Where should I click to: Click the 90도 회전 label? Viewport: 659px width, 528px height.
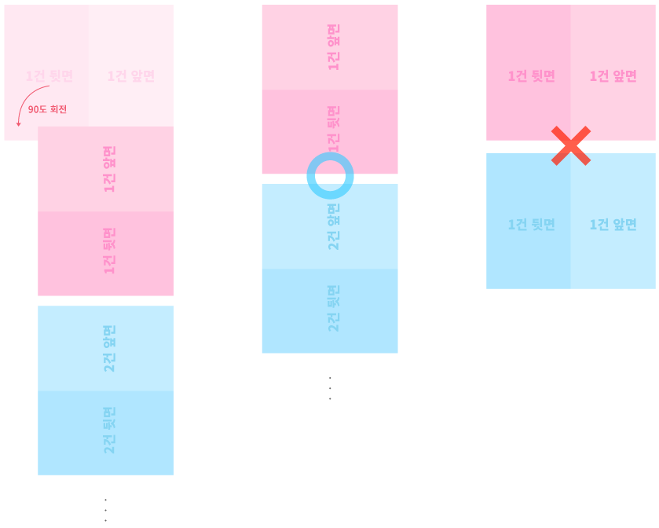click(47, 109)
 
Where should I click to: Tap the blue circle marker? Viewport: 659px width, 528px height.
click(330, 175)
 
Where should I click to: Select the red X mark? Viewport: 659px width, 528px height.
click(571, 145)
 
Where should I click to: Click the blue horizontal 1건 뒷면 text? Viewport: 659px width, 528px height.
click(532, 224)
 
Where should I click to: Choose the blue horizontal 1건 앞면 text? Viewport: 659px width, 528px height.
click(613, 224)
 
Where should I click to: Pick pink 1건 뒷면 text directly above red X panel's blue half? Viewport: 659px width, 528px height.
click(532, 76)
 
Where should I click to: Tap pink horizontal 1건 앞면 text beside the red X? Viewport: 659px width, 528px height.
click(613, 76)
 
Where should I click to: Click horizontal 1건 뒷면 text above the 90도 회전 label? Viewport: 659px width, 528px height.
click(49, 76)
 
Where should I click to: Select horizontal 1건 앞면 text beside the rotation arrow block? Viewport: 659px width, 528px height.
click(131, 76)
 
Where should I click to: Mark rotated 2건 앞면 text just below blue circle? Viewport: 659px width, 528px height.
click(334, 226)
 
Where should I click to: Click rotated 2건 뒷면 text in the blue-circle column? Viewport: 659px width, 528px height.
click(334, 308)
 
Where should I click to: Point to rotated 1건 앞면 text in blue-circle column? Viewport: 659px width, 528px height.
click(334, 47)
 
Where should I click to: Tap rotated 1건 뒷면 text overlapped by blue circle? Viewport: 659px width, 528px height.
click(334, 128)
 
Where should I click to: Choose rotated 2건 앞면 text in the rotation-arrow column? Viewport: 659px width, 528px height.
click(109, 348)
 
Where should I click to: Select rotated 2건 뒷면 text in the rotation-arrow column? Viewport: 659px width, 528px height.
click(109, 430)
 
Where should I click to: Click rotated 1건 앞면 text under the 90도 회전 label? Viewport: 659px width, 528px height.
click(109, 169)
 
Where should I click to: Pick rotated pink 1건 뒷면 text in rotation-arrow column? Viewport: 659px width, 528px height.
click(109, 251)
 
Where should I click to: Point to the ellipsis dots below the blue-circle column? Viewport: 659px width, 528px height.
click(330, 388)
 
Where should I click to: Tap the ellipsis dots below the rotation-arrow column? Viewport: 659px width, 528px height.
click(105, 510)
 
